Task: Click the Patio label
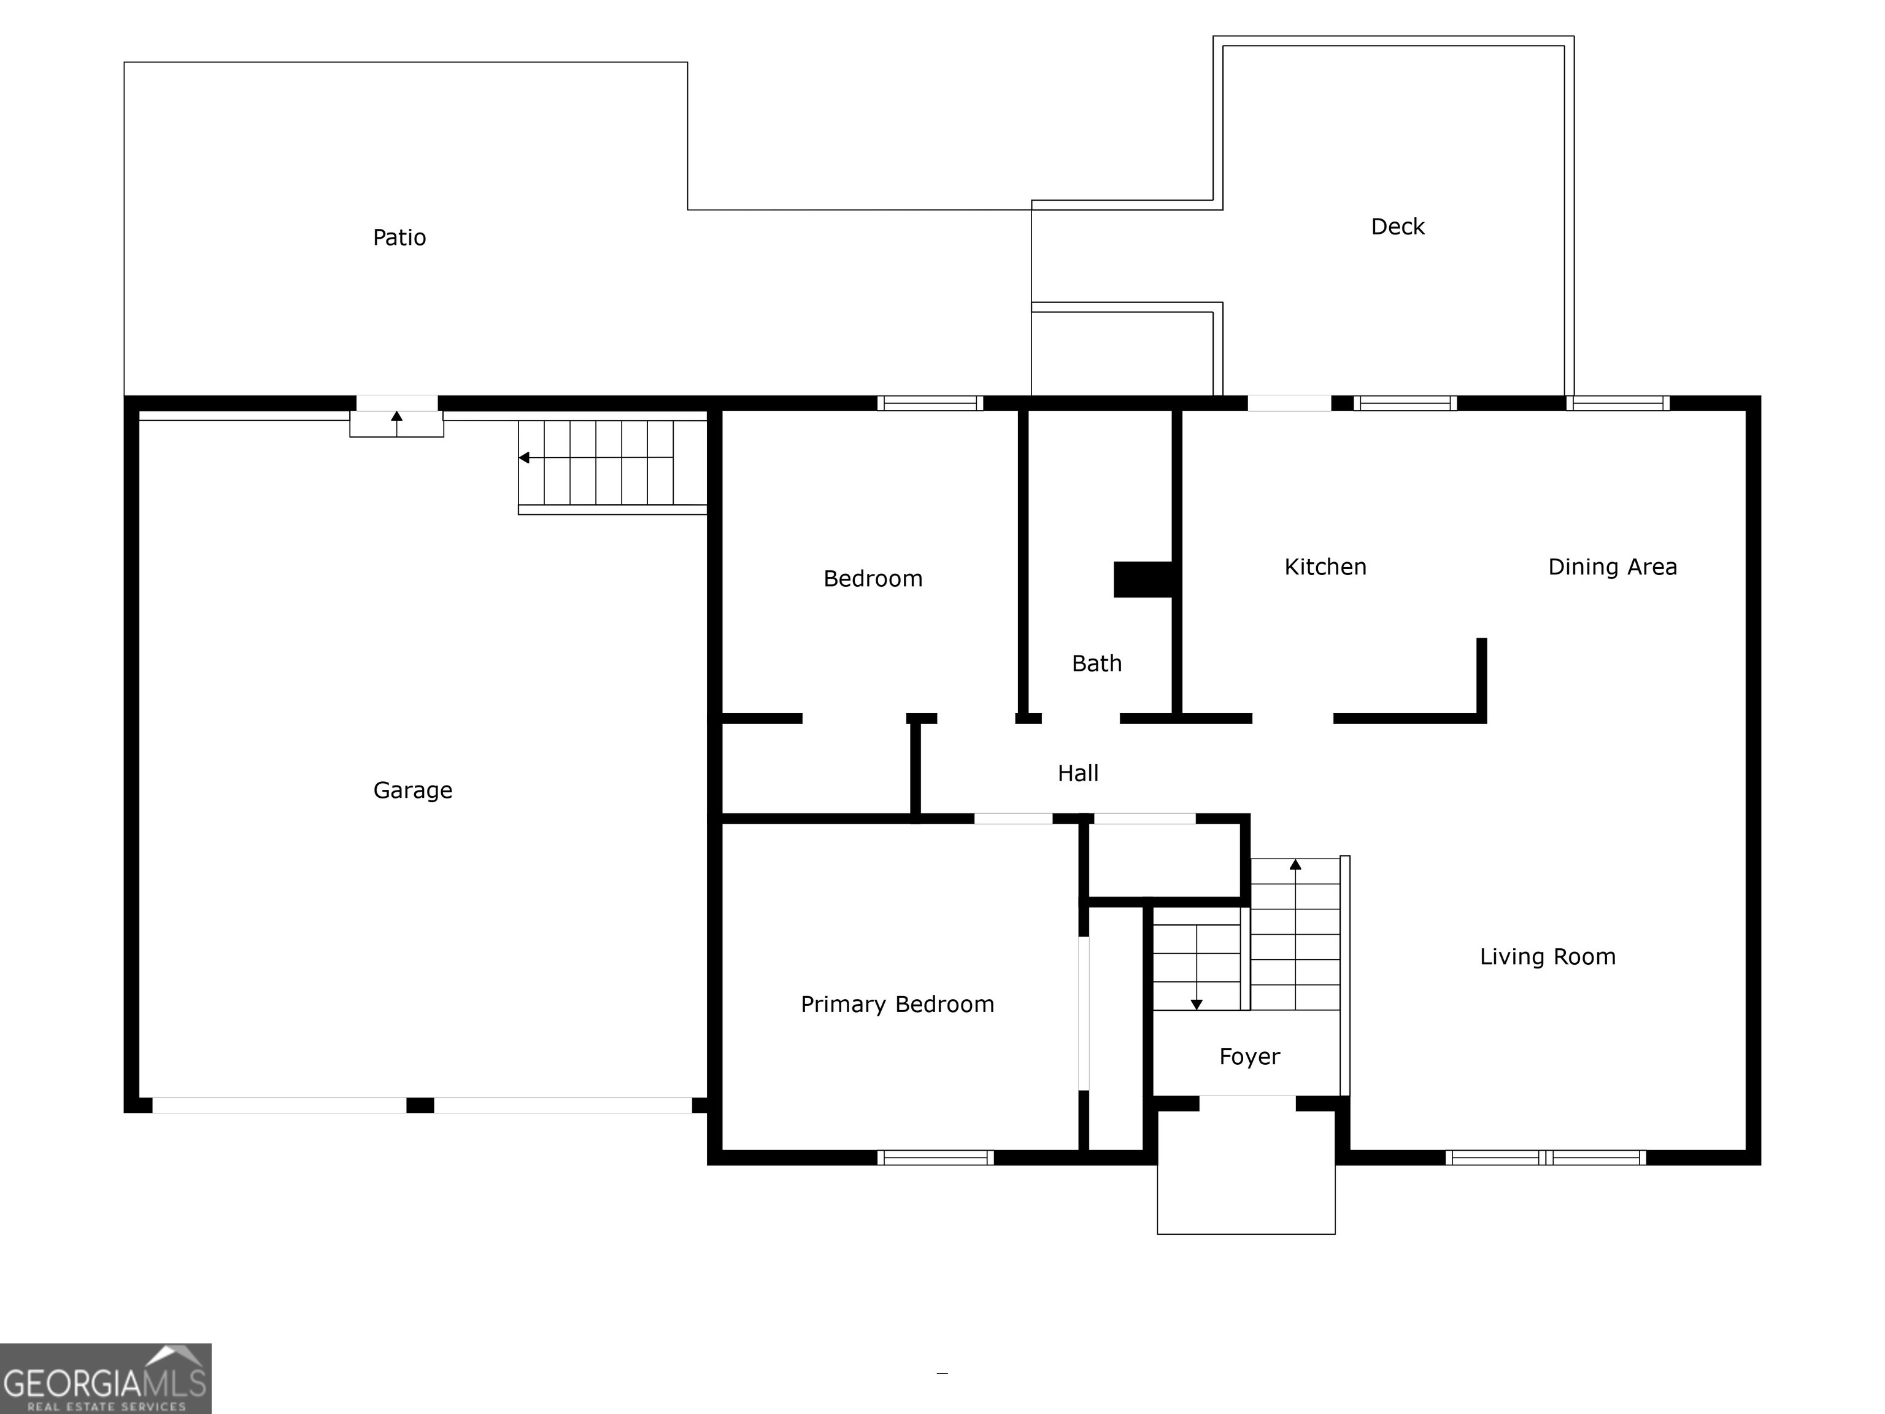coord(399,237)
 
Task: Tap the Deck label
coord(1397,226)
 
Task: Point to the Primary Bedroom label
coord(896,1004)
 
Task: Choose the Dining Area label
coord(1611,567)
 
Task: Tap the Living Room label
coord(1547,956)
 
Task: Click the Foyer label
coord(1249,1057)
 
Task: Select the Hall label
coord(1077,773)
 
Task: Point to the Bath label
coord(1096,663)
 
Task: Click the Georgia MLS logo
coord(105,1378)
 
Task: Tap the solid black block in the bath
coord(1143,579)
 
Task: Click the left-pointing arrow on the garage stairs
coord(525,458)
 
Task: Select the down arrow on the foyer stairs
coord(1197,1004)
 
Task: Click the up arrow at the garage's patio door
coord(396,417)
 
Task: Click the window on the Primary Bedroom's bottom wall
coord(935,1157)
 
